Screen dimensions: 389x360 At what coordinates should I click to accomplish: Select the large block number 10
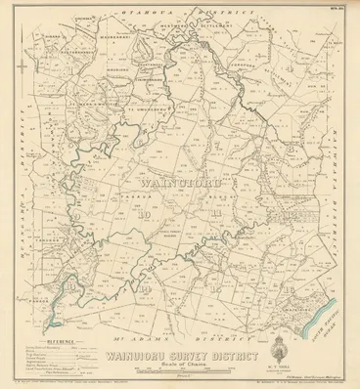click(x=143, y=214)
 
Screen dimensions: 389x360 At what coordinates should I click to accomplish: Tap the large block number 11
click(x=212, y=214)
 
